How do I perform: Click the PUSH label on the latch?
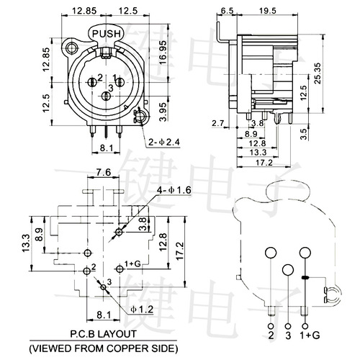106,32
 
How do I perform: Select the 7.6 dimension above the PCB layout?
103,173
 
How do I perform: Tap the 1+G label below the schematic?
311,335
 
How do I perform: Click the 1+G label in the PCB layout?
132,265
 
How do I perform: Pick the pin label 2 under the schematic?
271,335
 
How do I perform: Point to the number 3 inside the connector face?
107,87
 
